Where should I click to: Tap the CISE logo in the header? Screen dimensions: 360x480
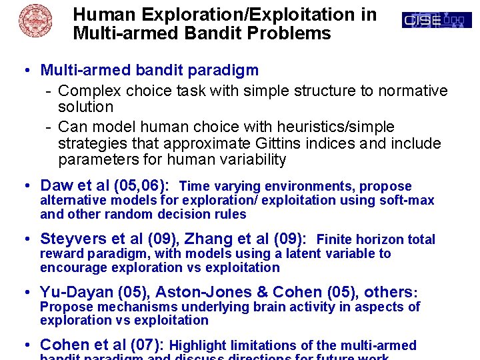pyautogui.click(x=437, y=21)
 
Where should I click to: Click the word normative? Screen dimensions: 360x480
pyautogui.click(x=413, y=91)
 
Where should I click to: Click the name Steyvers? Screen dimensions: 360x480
pyautogui.click(x=73, y=239)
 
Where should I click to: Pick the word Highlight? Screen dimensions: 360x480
pyautogui.click(x=197, y=345)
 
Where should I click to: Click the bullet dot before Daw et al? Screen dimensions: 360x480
pyautogui.click(x=24, y=186)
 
